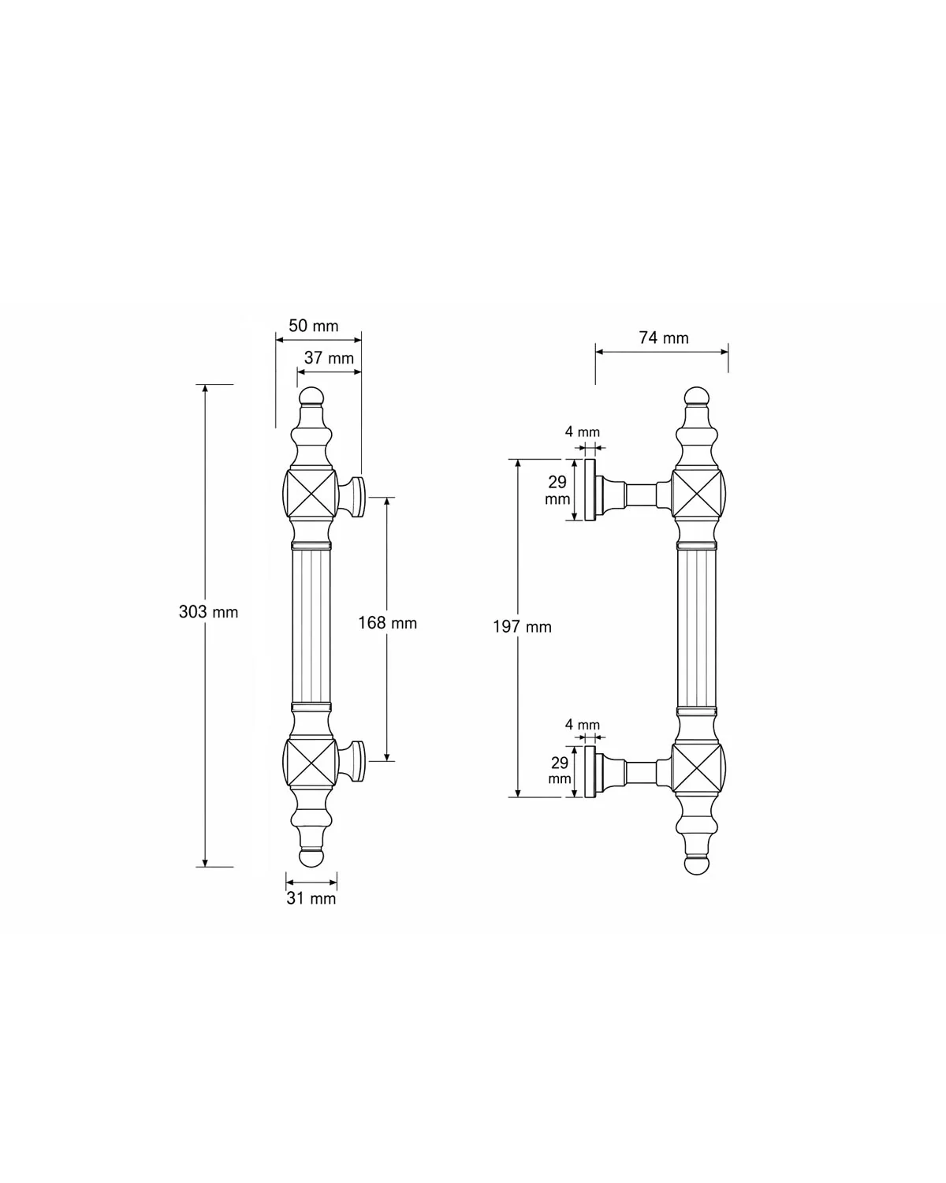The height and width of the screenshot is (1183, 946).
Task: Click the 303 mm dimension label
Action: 208,612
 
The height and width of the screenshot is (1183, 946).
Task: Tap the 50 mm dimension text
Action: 313,326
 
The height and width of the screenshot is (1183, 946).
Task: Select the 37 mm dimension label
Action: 329,358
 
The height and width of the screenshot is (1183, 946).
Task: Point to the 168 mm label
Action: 388,623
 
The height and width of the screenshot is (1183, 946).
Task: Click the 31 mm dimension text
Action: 311,898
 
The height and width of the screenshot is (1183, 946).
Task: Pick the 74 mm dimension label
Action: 664,338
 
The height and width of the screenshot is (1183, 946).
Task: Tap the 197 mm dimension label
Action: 522,627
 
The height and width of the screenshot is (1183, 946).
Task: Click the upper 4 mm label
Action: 582,431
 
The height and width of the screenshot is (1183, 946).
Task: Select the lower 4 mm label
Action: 582,725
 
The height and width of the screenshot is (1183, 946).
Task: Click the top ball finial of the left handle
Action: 311,397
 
